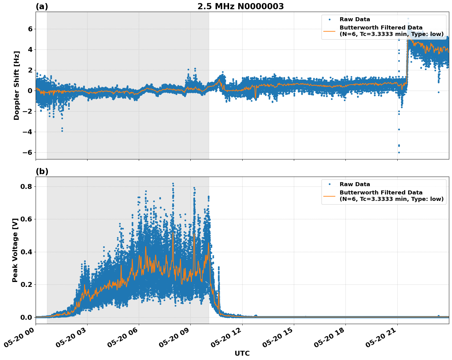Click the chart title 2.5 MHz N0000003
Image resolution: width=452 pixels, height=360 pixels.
[240, 6]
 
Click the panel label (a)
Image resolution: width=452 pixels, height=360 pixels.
[42, 6]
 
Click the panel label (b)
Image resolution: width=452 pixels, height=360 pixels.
[42, 171]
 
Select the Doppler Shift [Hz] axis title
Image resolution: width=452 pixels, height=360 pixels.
[17, 85]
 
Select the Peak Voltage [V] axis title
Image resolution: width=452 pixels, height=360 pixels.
[15, 250]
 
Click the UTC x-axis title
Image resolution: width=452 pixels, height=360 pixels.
[242, 353]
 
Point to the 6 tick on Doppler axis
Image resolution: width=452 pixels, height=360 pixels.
[30, 29]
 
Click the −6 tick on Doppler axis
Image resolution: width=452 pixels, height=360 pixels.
[28, 153]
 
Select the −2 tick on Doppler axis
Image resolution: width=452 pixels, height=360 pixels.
[28, 112]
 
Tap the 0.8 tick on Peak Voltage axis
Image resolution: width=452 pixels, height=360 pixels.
[27, 186]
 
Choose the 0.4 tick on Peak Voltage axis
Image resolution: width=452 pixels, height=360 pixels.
[27, 252]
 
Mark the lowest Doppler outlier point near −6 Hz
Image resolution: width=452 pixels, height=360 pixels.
[399, 152]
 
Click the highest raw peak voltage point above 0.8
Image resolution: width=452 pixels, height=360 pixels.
[173, 184]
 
